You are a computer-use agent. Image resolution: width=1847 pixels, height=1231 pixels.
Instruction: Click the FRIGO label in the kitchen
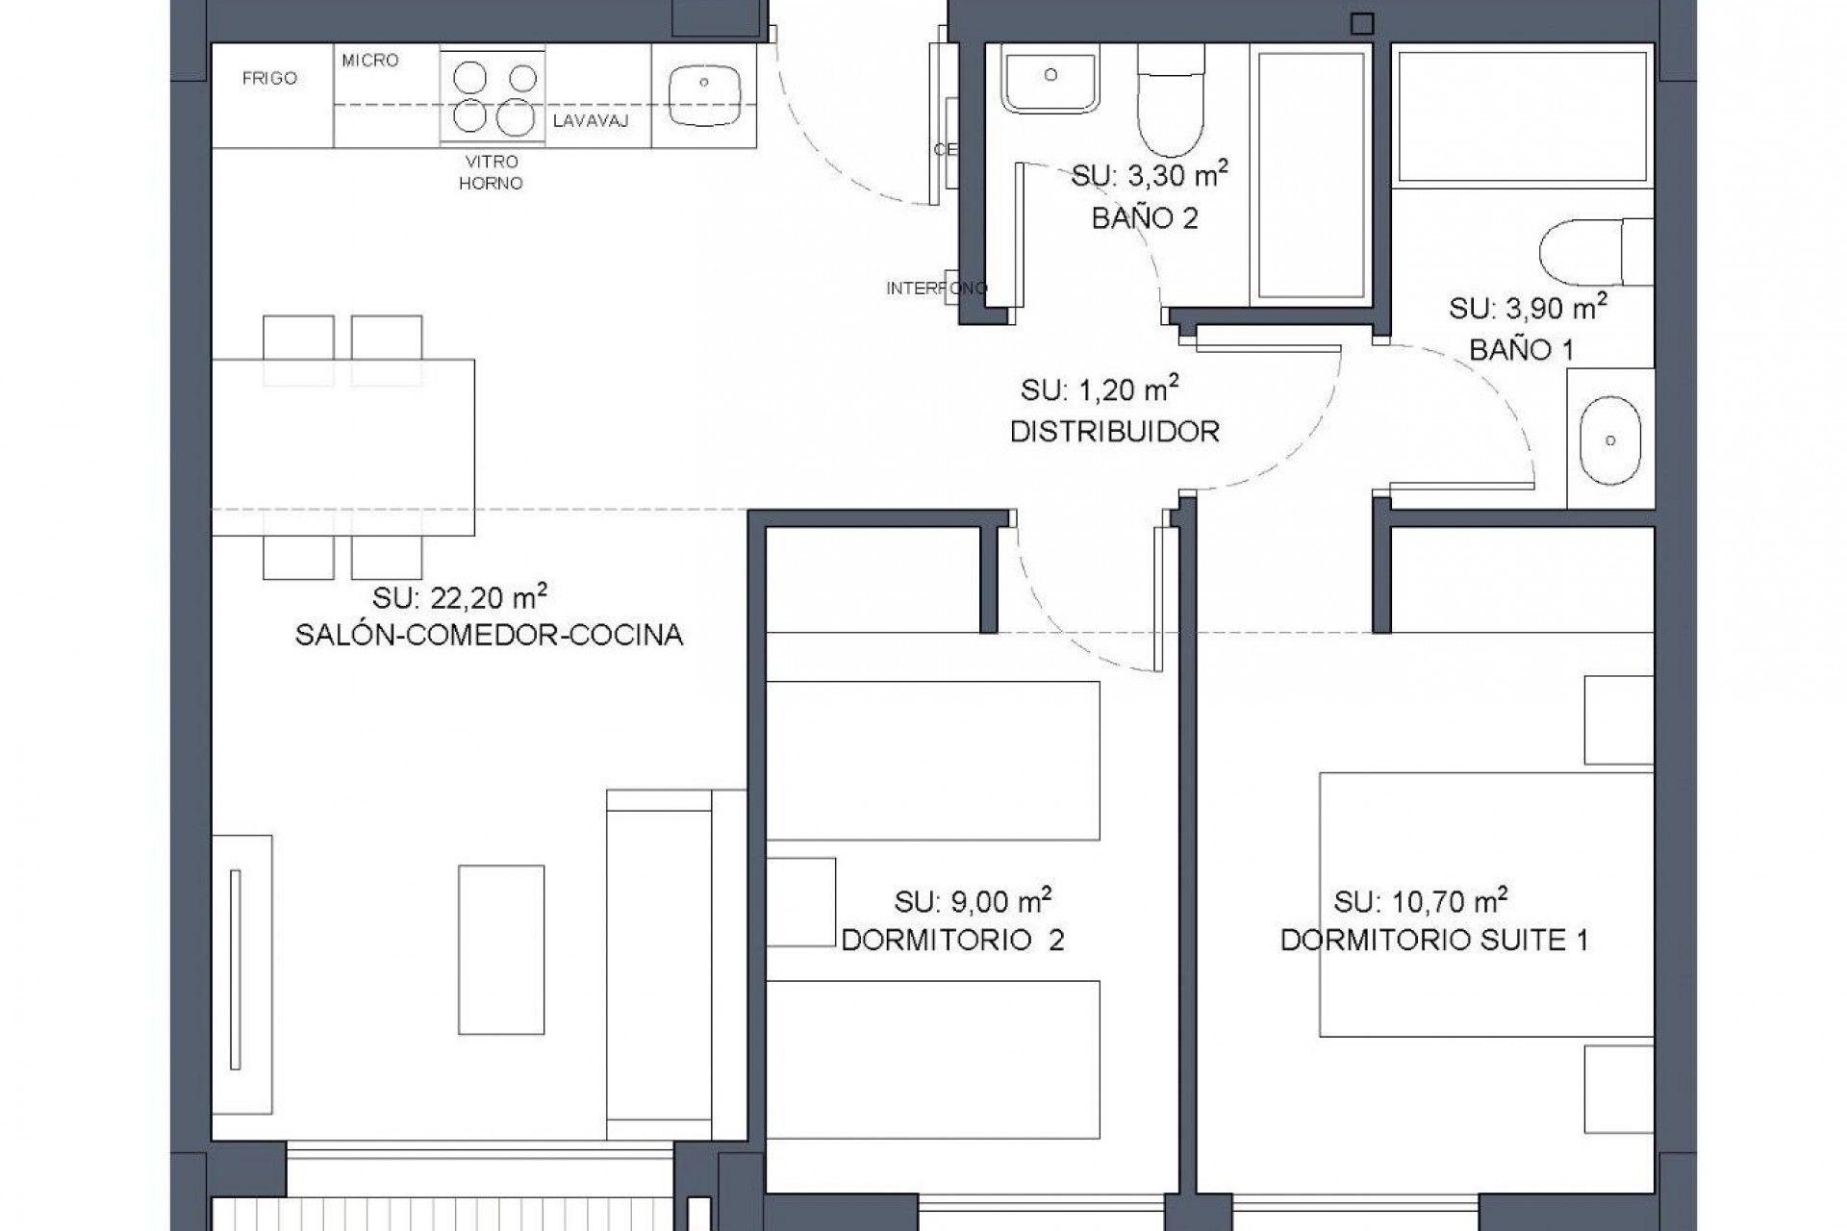[269, 78]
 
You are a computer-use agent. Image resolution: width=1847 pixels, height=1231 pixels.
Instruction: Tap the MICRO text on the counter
[369, 61]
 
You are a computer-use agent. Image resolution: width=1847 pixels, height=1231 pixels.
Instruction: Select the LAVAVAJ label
[591, 121]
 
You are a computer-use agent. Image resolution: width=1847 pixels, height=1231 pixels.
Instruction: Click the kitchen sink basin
[704, 96]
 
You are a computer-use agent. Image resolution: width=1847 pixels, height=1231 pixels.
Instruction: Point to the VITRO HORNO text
[491, 172]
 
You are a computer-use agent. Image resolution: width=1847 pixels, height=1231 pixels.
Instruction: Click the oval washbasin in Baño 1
[1610, 440]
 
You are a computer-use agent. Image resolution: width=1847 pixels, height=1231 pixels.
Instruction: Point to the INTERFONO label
[936, 289]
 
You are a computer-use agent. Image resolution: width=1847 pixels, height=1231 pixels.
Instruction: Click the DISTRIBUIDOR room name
[1114, 432]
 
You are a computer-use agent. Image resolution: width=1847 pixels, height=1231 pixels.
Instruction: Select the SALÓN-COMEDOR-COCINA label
[489, 636]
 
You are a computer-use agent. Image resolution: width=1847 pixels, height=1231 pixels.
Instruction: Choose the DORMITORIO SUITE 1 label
[1433, 940]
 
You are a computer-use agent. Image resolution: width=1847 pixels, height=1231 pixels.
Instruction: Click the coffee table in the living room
[500, 949]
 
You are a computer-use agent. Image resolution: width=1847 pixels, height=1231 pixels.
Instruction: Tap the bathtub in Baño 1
[1523, 116]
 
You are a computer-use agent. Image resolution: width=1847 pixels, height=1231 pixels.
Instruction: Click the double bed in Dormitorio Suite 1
[1485, 904]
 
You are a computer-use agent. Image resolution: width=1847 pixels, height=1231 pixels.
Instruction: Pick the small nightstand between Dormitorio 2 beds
[800, 901]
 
